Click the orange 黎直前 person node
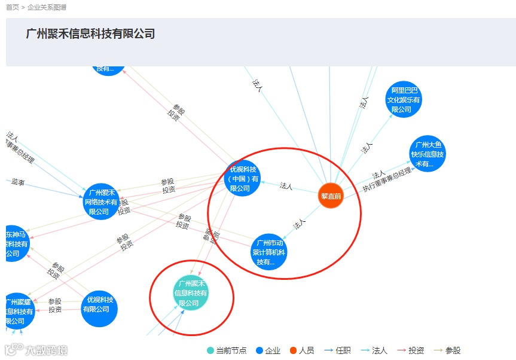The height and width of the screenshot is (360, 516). click(x=331, y=196)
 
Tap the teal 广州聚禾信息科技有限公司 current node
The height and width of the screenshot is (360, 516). click(x=191, y=294)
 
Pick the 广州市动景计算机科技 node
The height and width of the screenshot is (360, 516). click(x=269, y=252)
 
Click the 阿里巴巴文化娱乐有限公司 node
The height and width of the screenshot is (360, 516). click(x=404, y=100)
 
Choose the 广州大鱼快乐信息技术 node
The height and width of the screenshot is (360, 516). click(x=428, y=154)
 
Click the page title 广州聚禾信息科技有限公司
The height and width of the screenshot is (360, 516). click(x=90, y=34)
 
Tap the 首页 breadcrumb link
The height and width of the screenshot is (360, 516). click(x=13, y=7)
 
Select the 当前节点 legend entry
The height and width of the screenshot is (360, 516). click(x=227, y=350)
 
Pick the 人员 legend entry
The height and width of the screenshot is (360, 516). click(x=302, y=350)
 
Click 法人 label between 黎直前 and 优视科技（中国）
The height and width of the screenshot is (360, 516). click(x=286, y=186)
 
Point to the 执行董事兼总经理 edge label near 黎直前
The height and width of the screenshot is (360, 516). click(x=387, y=179)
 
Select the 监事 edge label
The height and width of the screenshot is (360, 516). click(x=18, y=182)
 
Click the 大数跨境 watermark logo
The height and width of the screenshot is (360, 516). click(x=37, y=350)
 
